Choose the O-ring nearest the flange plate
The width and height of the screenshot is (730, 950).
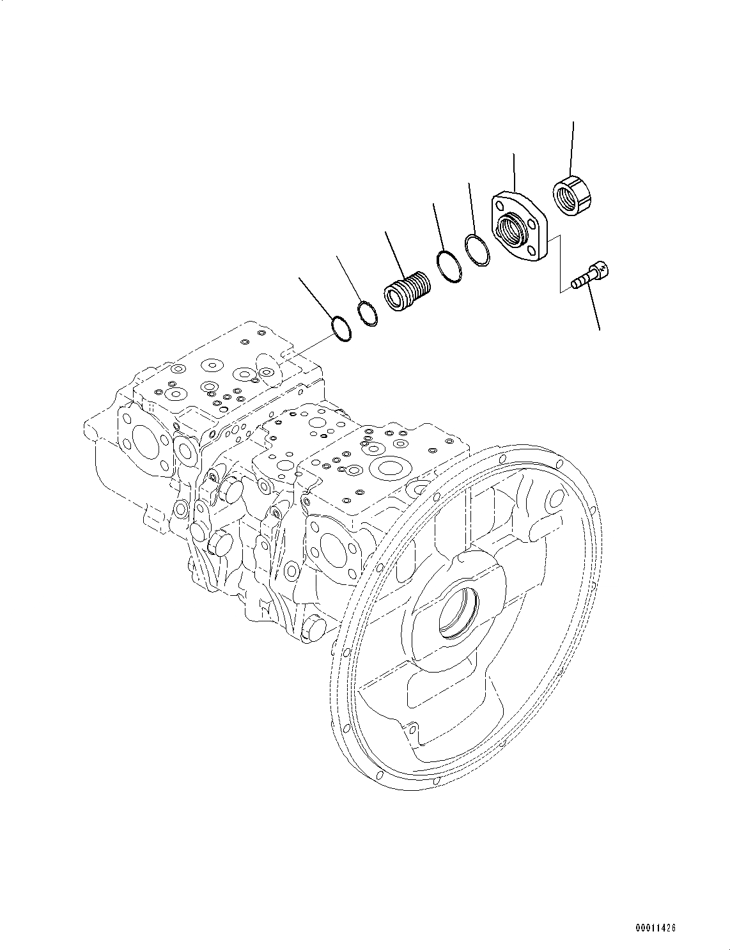(x=477, y=249)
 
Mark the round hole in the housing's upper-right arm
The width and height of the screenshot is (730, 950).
(x=556, y=498)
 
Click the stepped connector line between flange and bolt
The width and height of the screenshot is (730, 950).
(x=561, y=262)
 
